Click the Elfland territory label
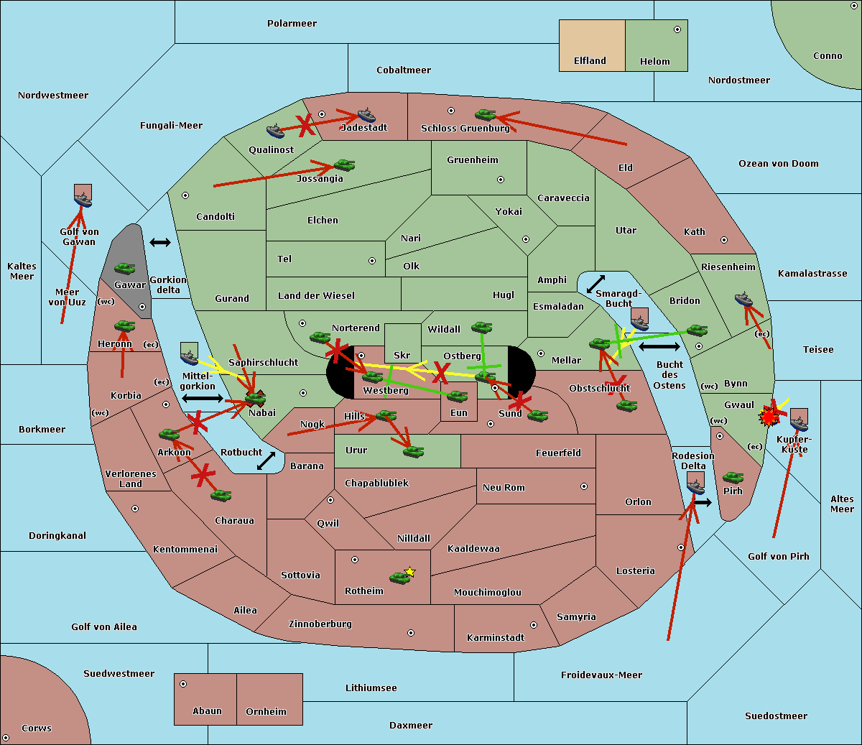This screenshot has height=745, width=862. tap(590, 61)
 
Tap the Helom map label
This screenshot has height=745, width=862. tap(654, 62)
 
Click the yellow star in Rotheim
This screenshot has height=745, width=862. tap(409, 572)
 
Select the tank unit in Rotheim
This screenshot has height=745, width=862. tap(399, 578)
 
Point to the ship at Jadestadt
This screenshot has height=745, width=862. tap(366, 116)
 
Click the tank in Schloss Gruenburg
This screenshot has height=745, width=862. tap(486, 114)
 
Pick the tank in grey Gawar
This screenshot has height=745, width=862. tap(125, 269)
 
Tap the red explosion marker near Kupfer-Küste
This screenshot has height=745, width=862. tap(769, 416)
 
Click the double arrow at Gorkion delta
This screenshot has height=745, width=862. tap(159, 243)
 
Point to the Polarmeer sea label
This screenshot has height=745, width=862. tap(292, 24)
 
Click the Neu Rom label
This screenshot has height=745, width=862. tap(504, 488)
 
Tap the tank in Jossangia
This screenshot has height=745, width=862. tap(344, 165)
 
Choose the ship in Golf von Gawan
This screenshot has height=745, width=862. tap(83, 200)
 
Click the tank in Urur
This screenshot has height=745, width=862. tap(413, 451)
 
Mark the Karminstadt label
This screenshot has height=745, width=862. tap(496, 638)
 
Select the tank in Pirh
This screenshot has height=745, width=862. tap(733, 477)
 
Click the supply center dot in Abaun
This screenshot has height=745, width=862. tap(183, 684)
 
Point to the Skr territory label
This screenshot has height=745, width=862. tap(402, 356)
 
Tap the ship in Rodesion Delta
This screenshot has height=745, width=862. tap(695, 487)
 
